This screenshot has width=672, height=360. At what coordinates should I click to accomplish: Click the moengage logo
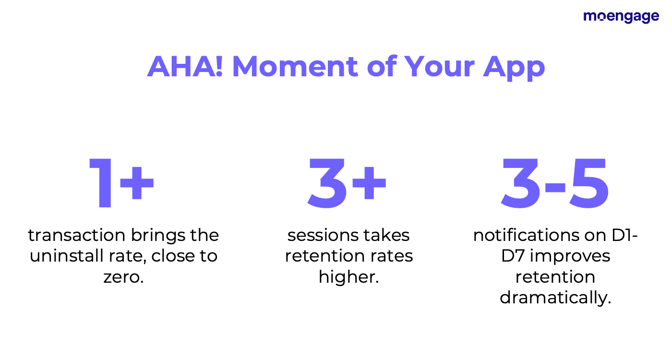[x=621, y=16]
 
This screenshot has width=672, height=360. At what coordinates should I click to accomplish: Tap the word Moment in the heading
[x=295, y=67]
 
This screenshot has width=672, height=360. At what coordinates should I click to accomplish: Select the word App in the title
[x=514, y=69]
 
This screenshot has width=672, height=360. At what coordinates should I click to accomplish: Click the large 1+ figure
[x=121, y=183]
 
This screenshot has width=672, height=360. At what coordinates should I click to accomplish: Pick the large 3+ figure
[x=347, y=183]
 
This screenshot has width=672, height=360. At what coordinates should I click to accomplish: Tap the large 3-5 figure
[x=555, y=183]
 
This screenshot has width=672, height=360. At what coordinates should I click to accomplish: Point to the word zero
[x=124, y=277]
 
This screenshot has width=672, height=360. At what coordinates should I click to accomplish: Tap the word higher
[x=349, y=277]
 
